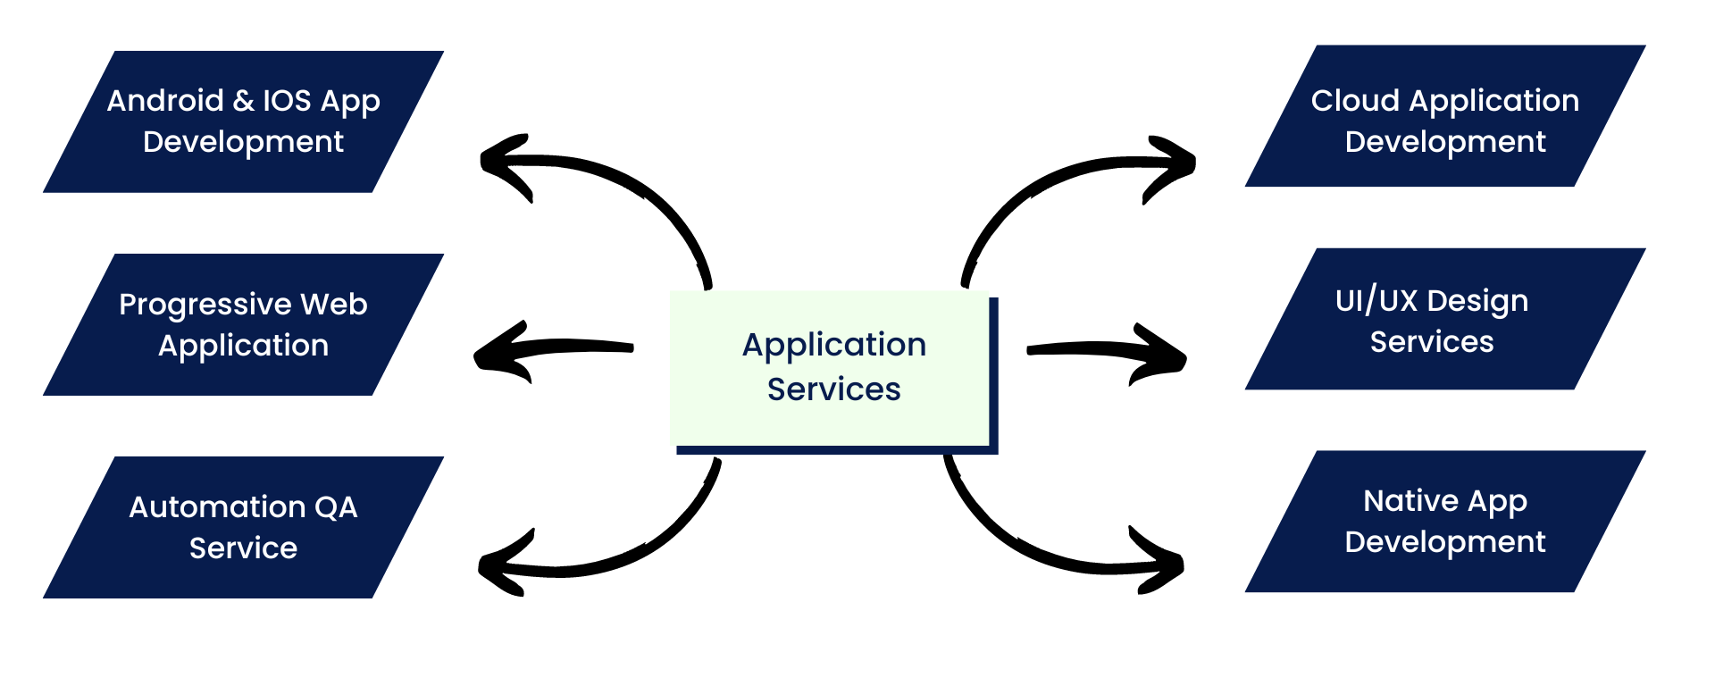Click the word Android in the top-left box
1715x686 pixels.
[165, 101]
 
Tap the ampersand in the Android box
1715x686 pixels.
[243, 101]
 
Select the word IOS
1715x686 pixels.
[287, 101]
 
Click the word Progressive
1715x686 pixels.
[205, 305]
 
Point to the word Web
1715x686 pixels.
[334, 305]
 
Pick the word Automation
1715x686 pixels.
[217, 507]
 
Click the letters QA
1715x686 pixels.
[336, 507]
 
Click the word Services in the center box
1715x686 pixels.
[833, 389]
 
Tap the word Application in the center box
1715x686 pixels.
[834, 346]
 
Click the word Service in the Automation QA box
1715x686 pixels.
[243, 548]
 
